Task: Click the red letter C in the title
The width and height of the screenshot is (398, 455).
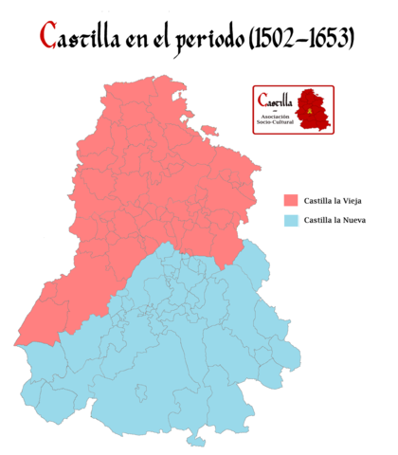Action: (49, 37)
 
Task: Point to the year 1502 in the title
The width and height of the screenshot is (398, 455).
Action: (280, 39)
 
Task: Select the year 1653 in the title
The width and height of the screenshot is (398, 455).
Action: (329, 39)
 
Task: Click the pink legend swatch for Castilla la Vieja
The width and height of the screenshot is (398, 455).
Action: (290, 201)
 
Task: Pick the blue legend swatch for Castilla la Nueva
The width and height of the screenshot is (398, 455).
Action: (290, 221)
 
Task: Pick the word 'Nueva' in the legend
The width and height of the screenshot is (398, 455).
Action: (353, 221)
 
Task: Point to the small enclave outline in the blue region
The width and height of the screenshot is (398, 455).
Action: (141, 391)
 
